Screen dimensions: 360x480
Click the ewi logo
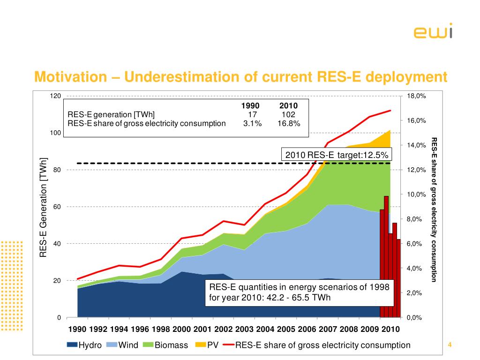433,32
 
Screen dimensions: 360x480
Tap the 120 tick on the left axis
55,96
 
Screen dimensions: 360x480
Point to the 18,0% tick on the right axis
416,96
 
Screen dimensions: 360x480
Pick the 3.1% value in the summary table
252,123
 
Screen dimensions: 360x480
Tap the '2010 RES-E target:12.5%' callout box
336,155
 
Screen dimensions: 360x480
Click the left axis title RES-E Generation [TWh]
44,207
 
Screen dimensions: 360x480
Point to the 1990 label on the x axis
78,330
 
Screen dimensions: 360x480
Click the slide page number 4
450,345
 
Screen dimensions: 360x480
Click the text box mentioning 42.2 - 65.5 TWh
299,292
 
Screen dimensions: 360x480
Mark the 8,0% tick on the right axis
416,219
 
